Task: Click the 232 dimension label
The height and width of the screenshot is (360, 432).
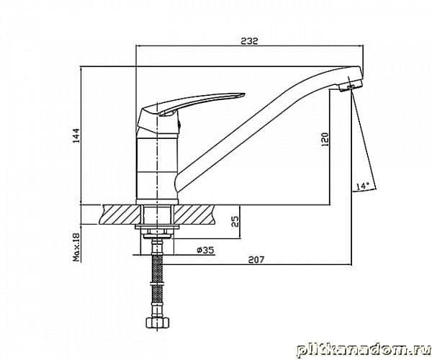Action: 249,41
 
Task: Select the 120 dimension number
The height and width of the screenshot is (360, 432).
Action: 325,139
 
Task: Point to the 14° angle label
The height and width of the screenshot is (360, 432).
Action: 363,186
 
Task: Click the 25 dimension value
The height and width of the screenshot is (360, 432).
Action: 235,221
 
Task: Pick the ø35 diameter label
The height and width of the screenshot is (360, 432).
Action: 205,250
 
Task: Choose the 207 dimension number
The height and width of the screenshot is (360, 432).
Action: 256,259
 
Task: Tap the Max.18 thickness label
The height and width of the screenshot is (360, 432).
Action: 76,247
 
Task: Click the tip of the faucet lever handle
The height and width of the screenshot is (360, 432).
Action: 244,94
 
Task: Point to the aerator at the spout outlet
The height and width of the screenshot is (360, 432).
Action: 351,86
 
